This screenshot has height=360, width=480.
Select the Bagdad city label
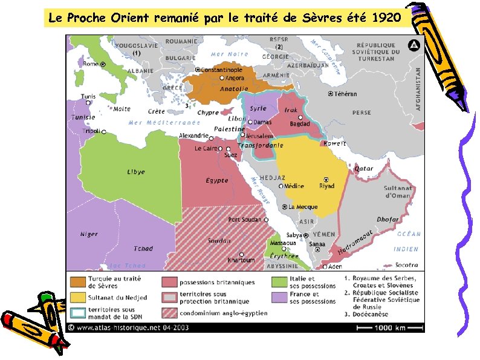(300, 123)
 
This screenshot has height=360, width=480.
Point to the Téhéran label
(346, 94)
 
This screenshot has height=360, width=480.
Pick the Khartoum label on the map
(241, 260)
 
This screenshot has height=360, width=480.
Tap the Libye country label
(136, 172)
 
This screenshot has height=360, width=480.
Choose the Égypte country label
(217, 180)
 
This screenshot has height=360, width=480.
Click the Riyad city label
(326, 186)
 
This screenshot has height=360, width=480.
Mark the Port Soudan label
(245, 220)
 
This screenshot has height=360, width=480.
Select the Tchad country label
(143, 249)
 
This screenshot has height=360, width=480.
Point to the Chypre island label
(208, 113)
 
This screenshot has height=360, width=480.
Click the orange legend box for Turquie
(77, 282)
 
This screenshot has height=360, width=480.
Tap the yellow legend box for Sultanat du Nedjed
(77, 298)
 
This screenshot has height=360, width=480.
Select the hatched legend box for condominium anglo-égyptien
(169, 313)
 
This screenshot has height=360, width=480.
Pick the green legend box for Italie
(279, 282)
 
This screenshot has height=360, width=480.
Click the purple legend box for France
(279, 298)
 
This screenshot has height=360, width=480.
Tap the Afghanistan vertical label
(418, 88)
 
